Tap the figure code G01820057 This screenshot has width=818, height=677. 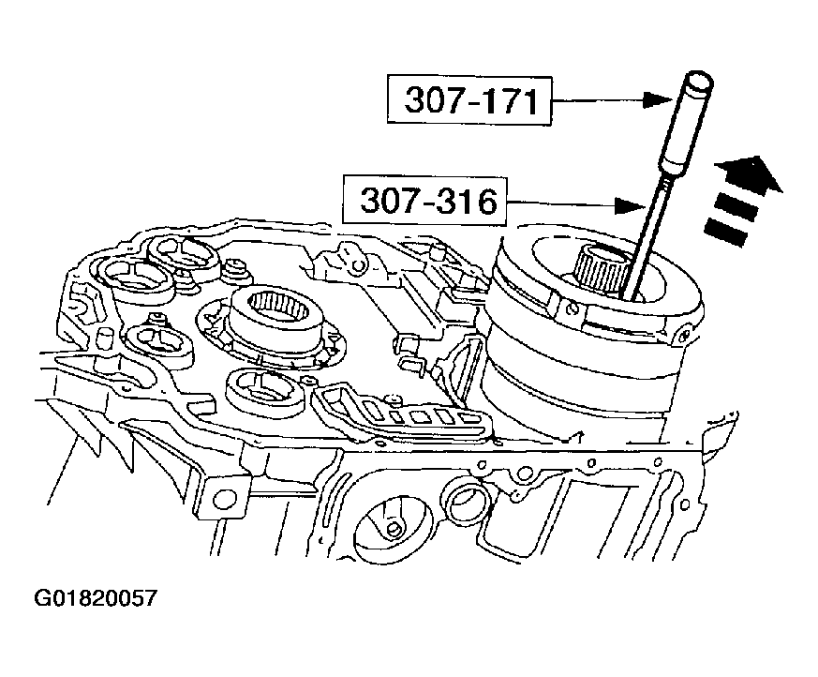click(x=96, y=597)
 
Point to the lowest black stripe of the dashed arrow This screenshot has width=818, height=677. click(x=726, y=232)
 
